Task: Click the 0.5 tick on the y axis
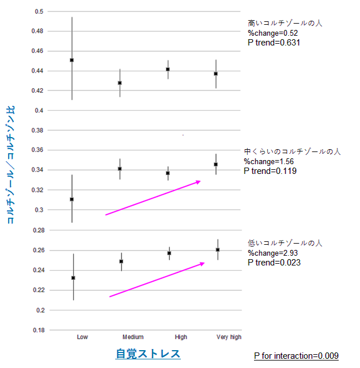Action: point(39,12)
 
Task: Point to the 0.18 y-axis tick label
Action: point(37,330)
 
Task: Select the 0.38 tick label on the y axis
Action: point(37,130)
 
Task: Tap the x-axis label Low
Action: point(82,337)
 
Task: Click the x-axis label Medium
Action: point(133,337)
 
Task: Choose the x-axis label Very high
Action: point(229,337)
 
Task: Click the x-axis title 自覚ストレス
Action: point(148,354)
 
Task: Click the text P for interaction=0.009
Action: point(296,356)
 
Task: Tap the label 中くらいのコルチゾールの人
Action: point(292,151)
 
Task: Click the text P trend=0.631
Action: point(274,42)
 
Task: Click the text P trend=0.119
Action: point(270,170)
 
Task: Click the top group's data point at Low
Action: point(71,60)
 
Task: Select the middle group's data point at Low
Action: point(71,199)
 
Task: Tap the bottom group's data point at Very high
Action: point(217,249)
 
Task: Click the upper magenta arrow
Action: point(153,198)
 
